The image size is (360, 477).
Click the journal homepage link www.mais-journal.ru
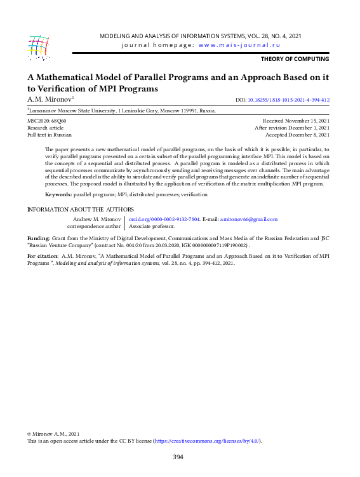click(x=239, y=45)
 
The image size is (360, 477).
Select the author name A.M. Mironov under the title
click(x=50, y=100)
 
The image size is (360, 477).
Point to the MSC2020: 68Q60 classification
click(x=46, y=120)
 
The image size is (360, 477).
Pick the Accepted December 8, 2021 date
click(x=297, y=135)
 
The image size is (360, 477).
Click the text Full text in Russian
click(x=49, y=135)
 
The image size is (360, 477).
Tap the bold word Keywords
click(x=58, y=194)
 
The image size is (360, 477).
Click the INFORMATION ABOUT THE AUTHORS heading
click(x=80, y=210)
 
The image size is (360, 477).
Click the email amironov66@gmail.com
click(x=248, y=219)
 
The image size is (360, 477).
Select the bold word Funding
click(x=37, y=238)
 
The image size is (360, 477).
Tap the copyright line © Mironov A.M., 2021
click(x=53, y=433)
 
